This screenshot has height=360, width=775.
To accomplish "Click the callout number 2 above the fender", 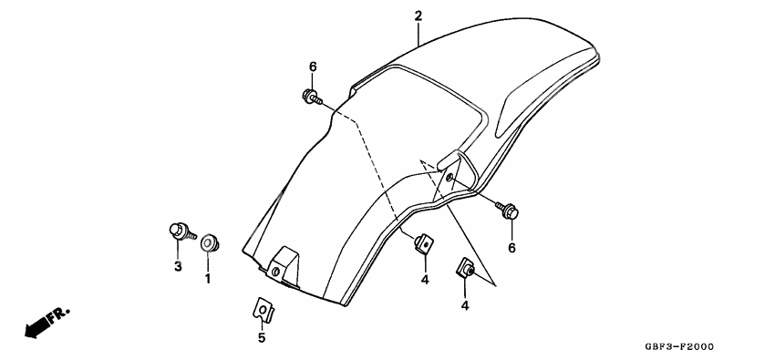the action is [x=418, y=15].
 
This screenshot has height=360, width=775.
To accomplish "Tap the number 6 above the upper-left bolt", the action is [x=312, y=67].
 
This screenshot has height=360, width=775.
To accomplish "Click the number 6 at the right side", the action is [x=511, y=247].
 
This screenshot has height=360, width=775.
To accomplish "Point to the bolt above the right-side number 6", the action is [x=507, y=210].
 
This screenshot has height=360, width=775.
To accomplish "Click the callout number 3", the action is [x=178, y=266].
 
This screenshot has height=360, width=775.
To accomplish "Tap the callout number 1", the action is [x=207, y=278].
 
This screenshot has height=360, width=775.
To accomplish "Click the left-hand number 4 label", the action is [x=424, y=279].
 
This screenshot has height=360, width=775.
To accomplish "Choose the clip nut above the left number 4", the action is [x=423, y=243].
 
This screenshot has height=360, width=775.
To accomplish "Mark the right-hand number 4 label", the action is [x=465, y=305].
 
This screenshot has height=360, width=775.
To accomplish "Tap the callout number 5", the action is [x=261, y=338].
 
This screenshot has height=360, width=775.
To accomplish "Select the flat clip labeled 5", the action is [x=262, y=310].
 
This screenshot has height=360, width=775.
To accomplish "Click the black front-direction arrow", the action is [x=37, y=325].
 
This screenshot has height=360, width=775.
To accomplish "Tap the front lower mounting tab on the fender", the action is [x=285, y=265].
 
